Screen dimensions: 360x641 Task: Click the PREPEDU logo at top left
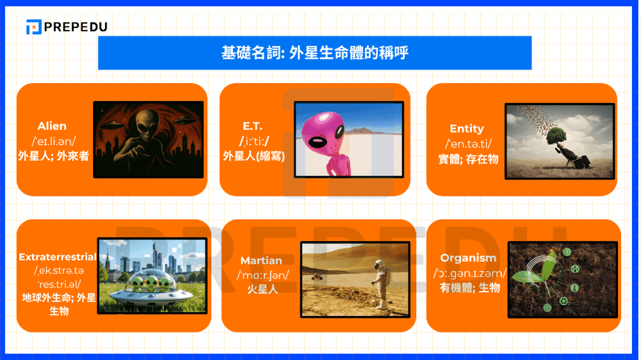click(66, 27)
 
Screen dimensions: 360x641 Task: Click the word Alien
click(52, 126)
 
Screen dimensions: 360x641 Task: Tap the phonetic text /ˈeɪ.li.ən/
click(54, 141)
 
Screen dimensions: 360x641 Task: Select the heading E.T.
click(253, 126)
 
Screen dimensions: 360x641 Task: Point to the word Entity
click(467, 129)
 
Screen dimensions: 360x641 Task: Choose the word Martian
click(261, 261)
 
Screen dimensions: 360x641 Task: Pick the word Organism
click(468, 258)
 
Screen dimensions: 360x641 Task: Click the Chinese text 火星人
click(262, 289)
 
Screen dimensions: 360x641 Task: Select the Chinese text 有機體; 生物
click(470, 288)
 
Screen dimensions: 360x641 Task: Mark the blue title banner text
click(315, 53)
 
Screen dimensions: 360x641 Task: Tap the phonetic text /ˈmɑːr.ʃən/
click(263, 275)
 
